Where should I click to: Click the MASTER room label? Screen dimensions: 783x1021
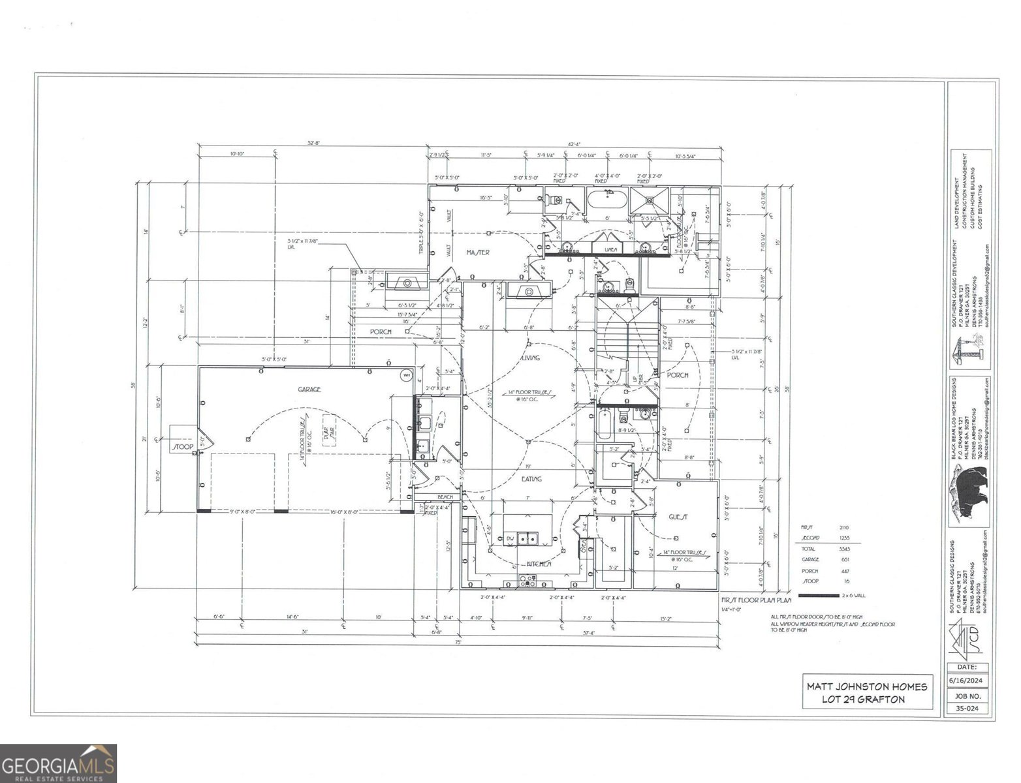(478, 252)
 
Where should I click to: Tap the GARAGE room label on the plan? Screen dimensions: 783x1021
(309, 390)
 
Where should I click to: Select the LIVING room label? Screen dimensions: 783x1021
(530, 358)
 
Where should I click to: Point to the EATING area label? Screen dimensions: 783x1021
(531, 479)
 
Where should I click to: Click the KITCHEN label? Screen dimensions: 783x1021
(539, 564)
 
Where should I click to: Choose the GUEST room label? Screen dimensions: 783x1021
(678, 516)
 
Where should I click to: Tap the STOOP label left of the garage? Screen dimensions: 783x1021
(183, 448)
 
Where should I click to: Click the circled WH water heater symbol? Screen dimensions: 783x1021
(405, 375)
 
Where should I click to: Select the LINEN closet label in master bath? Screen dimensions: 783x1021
(611, 249)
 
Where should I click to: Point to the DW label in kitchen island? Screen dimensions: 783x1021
(510, 538)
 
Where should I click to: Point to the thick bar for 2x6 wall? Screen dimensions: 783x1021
(819, 596)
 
